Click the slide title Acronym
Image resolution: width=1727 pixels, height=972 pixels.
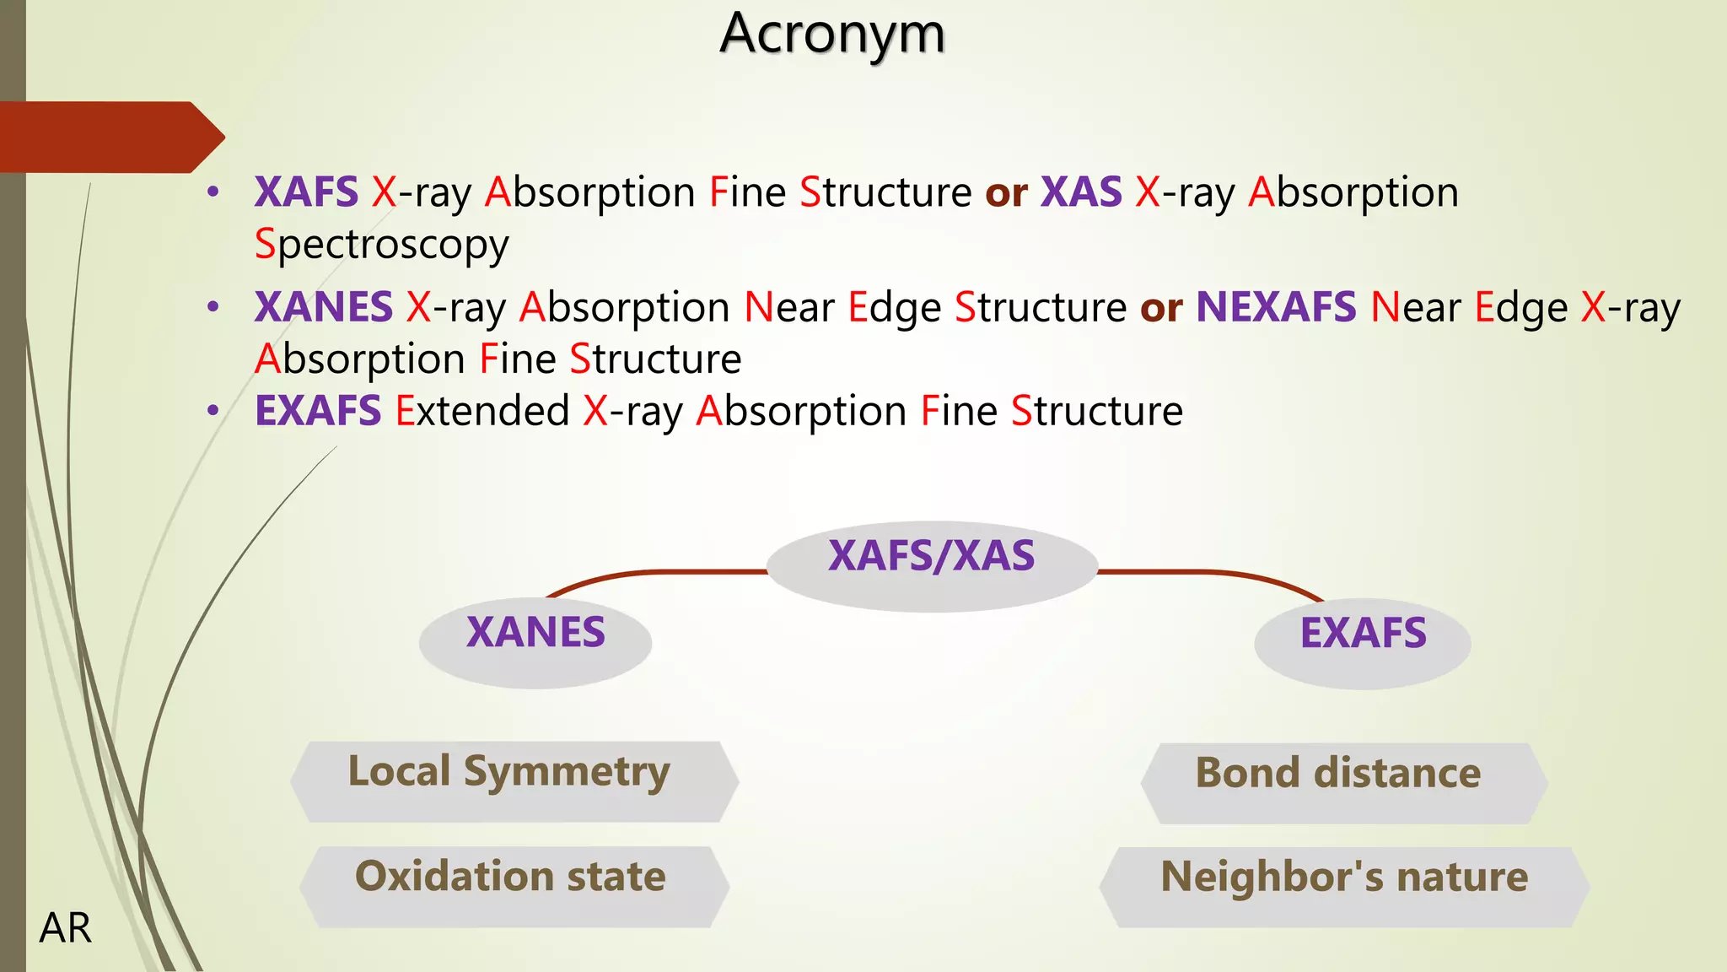tap(832, 34)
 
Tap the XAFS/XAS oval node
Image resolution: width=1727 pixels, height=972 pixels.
tap(932, 565)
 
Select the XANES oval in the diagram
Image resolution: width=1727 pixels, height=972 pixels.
tap(535, 641)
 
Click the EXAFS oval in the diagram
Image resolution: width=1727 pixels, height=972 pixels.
tap(1363, 642)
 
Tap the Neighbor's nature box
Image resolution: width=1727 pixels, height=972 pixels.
tap(1344, 887)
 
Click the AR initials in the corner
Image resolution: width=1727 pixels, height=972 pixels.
tap(65, 928)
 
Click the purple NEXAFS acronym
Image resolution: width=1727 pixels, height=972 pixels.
tap(1276, 307)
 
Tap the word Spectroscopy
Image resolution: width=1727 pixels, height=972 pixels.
tap(382, 245)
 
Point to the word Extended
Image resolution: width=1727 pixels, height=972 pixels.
tap(483, 411)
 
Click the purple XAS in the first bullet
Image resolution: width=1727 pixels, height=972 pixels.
tap(1081, 192)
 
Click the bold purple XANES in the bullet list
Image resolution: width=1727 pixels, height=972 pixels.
tap(324, 307)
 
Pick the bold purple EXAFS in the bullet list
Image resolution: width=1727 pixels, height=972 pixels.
tap(318, 411)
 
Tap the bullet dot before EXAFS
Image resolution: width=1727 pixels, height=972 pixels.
tap(213, 411)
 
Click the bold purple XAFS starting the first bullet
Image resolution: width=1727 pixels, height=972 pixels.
tap(306, 192)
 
